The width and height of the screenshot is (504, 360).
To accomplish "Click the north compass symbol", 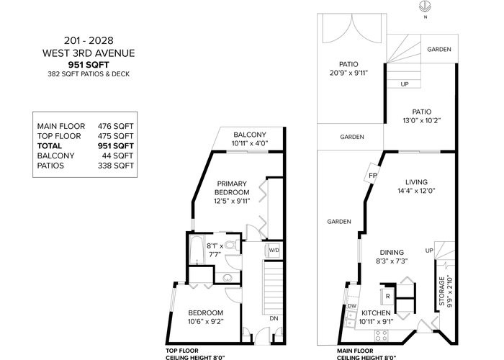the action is pos(426,6).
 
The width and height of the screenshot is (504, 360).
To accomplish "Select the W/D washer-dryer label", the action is pos(274,250).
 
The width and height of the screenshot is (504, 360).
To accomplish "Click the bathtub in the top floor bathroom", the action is pos(197,250).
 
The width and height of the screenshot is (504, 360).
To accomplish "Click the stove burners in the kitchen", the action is pos(381,336).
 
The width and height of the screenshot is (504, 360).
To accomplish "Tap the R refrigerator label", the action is pos(387,296).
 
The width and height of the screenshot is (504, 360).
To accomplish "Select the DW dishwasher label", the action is pos(352,306).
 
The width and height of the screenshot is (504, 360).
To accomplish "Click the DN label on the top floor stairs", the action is pos(274,318).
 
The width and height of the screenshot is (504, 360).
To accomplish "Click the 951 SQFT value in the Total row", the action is pos(115,146).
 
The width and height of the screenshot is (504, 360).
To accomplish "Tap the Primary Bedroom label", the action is pos(232,188).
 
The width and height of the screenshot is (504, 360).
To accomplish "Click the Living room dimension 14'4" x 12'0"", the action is pos(416,191).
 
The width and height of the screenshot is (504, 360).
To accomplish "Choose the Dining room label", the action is pos(392,252).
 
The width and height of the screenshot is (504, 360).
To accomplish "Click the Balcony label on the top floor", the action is pos(250,135).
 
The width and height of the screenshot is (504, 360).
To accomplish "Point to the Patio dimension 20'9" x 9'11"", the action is pos(348,73).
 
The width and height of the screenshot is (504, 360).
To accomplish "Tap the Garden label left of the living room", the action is pos(339,222).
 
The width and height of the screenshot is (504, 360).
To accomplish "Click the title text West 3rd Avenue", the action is pos(89,53).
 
